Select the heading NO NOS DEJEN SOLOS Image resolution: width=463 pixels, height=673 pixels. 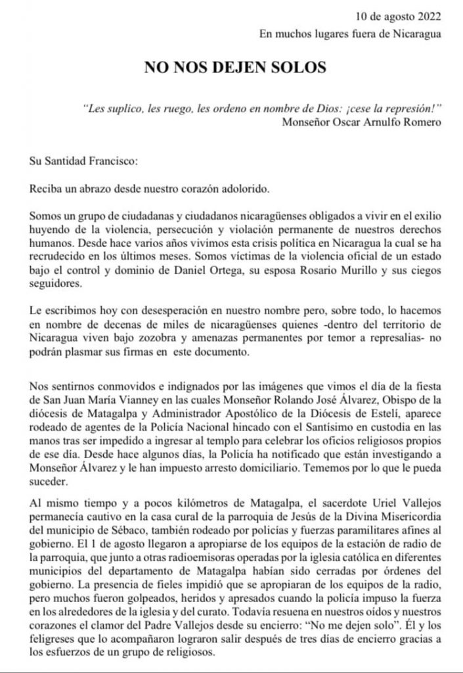pyautogui.click(x=231, y=68)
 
